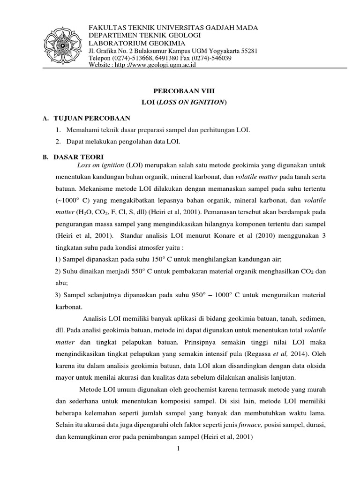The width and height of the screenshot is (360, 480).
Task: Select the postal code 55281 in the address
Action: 247,51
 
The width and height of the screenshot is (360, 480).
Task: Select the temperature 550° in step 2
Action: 136,271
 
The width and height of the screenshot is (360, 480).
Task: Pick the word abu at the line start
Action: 61,283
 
